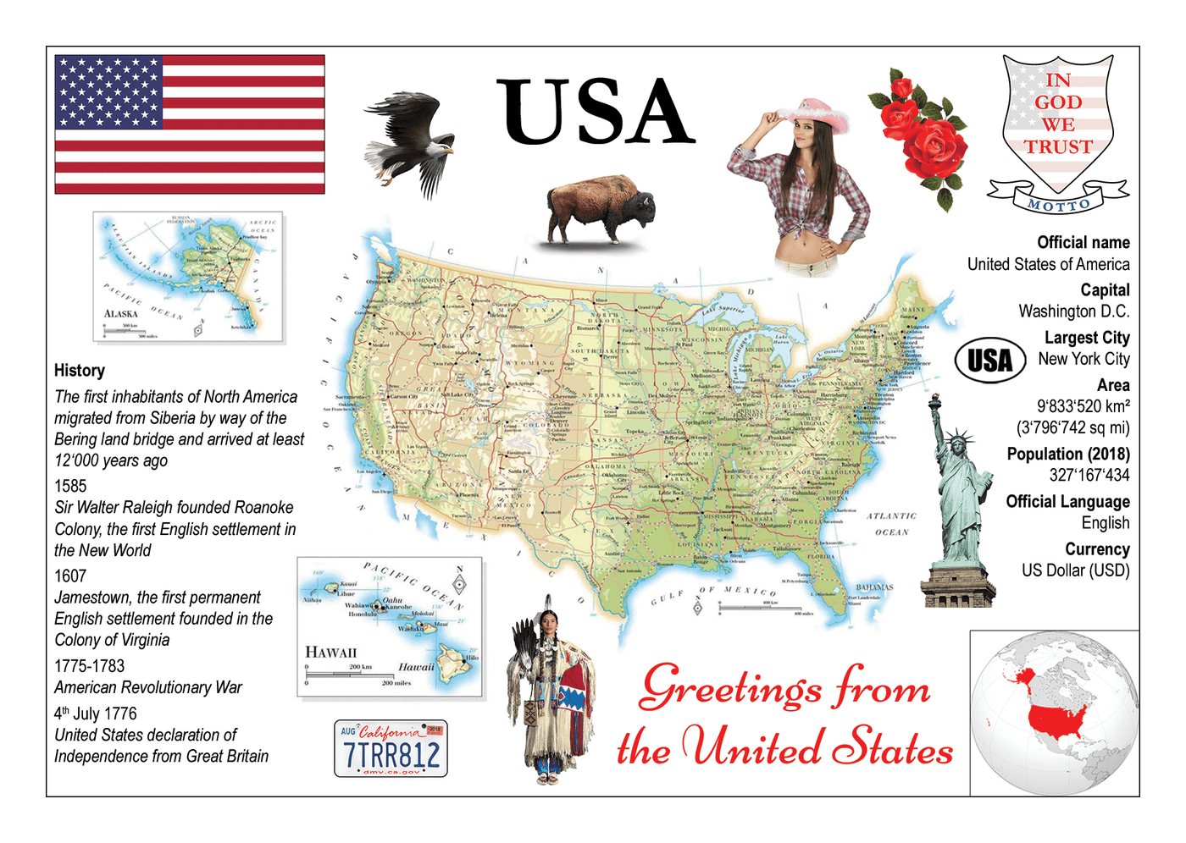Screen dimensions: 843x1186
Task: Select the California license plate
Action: coord(391,749)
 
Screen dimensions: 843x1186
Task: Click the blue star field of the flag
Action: coord(108,92)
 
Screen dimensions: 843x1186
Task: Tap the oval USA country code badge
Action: coord(990,361)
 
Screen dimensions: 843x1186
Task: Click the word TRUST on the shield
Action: coord(1058,147)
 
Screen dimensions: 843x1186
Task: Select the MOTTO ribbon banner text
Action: coord(1058,204)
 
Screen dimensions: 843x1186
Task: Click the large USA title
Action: coord(596,113)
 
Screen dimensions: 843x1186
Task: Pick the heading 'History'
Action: coord(80,371)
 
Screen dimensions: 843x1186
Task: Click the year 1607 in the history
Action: coord(70,576)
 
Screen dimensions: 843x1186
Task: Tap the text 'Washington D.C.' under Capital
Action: coord(1073,311)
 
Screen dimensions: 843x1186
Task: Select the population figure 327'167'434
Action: coord(1089,476)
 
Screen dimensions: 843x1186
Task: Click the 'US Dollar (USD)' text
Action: coord(1075,570)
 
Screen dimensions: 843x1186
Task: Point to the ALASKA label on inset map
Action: coord(121,314)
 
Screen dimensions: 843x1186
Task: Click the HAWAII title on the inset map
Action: coord(330,653)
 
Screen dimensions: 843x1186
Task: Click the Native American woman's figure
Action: coord(551,690)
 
